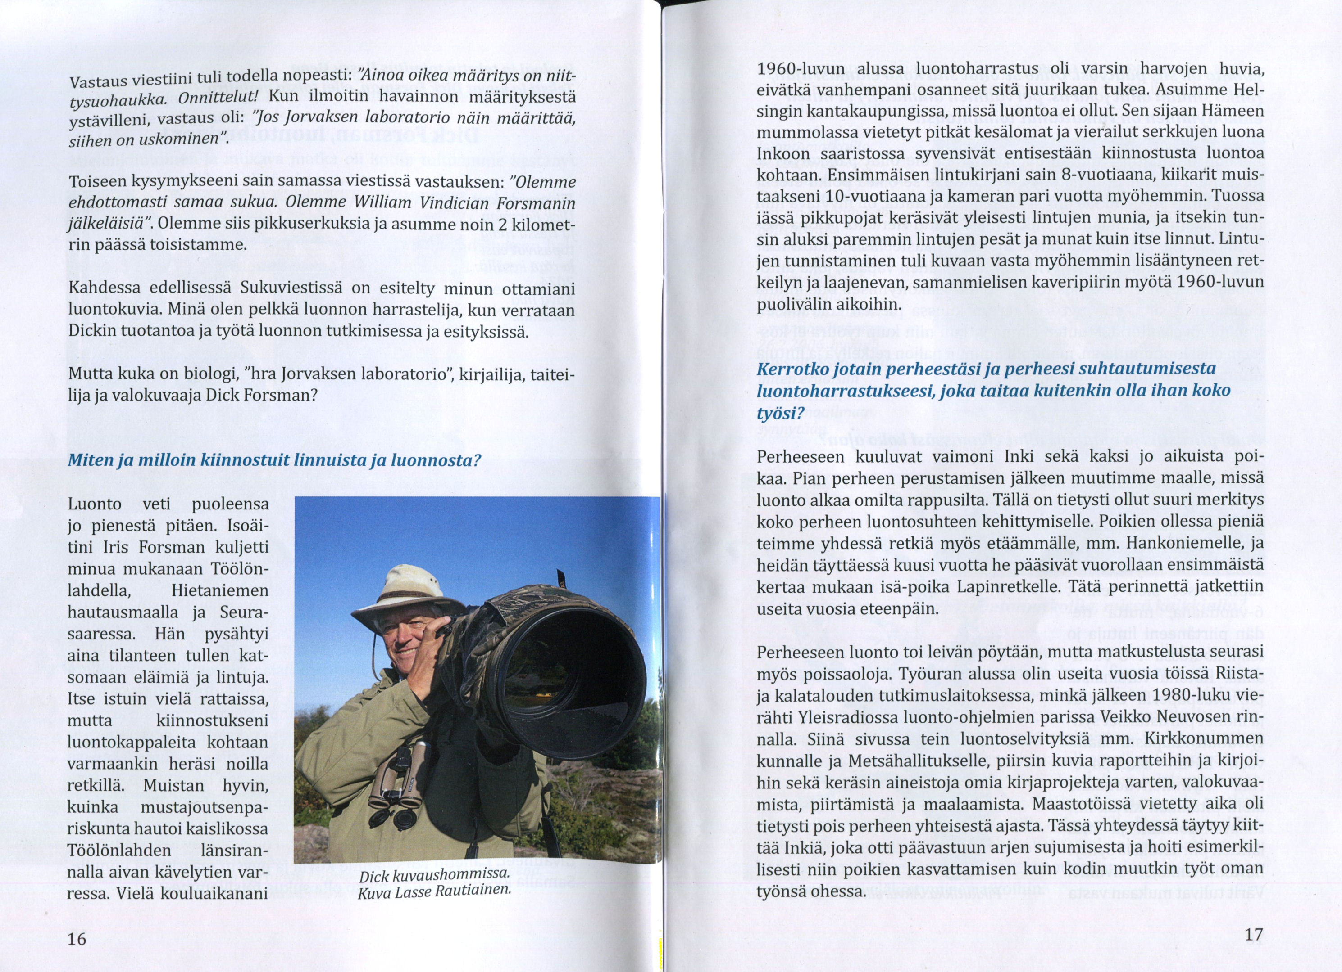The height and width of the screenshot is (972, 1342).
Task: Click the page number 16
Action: pyautogui.click(x=77, y=938)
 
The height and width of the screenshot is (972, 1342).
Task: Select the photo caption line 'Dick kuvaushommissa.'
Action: pyautogui.click(x=434, y=876)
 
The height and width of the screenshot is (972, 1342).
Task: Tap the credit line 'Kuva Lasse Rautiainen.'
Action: pyautogui.click(x=434, y=891)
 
